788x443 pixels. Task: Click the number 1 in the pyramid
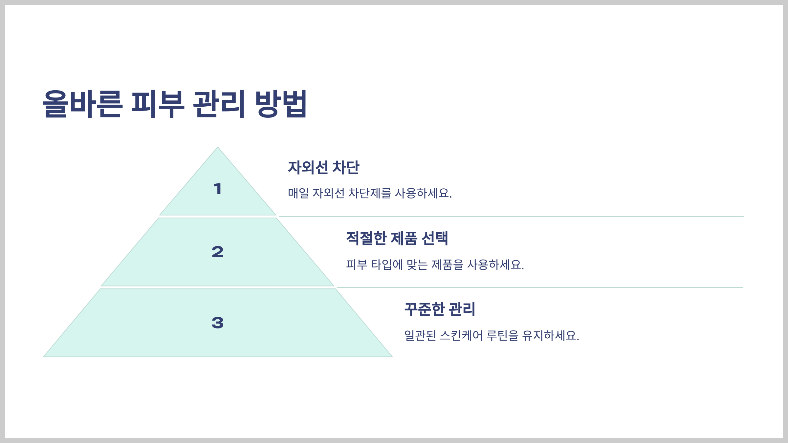click(x=217, y=189)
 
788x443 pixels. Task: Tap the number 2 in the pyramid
click(x=217, y=252)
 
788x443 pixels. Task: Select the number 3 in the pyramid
click(x=217, y=323)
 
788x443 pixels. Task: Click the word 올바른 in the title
click(x=82, y=104)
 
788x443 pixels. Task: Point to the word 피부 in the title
click(x=158, y=104)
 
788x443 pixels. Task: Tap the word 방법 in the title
click(x=281, y=104)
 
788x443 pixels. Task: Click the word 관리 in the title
click(x=219, y=104)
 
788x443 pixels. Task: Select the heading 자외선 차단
click(x=323, y=167)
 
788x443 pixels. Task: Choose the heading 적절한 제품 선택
click(x=397, y=238)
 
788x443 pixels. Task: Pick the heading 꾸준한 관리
click(x=440, y=309)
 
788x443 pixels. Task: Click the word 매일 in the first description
click(x=298, y=193)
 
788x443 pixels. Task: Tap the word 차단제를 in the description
click(x=369, y=193)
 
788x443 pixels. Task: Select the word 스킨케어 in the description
click(x=461, y=336)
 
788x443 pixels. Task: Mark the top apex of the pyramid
click(x=217, y=148)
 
